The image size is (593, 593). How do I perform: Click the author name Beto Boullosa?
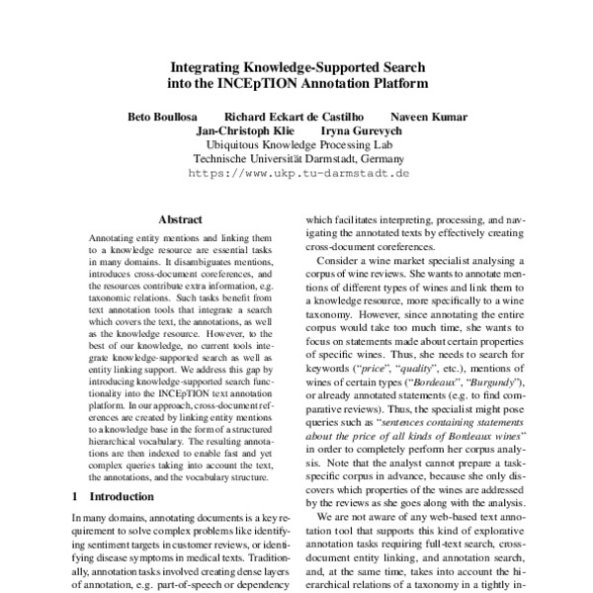pos(169,118)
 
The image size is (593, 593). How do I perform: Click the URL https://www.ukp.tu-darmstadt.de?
pos(297,171)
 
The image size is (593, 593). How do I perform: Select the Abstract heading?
pos(179,219)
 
